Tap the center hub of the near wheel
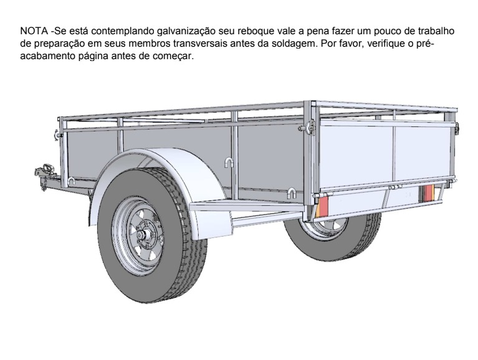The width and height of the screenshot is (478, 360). click(142, 235)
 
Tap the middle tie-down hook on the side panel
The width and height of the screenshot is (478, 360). click(229, 163)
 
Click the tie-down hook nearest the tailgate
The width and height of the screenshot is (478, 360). click(291, 194)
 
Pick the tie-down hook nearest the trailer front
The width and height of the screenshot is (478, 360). click(71, 181)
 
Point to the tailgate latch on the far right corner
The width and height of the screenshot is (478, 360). click(456, 128)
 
